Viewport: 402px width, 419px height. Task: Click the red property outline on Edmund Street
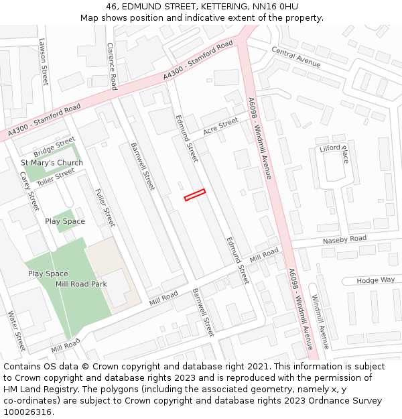point(195,194)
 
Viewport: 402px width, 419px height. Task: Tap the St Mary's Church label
point(52,163)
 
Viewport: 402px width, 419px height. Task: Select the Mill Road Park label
point(81,284)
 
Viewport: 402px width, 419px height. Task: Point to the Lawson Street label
point(44,61)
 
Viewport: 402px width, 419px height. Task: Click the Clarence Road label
point(112,66)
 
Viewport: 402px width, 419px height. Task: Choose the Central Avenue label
point(295,57)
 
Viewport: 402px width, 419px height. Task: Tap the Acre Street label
point(220,127)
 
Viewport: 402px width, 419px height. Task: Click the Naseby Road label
point(344,239)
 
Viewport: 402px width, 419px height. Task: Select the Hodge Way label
point(375,280)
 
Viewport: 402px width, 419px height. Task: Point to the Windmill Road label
point(320,322)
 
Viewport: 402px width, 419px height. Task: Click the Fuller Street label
point(105,207)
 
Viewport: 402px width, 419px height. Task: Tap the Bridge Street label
point(54,145)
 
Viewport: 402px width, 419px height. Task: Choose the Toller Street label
point(56,176)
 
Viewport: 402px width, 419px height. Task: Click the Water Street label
point(16,331)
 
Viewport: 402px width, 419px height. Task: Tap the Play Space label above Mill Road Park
point(64,221)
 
